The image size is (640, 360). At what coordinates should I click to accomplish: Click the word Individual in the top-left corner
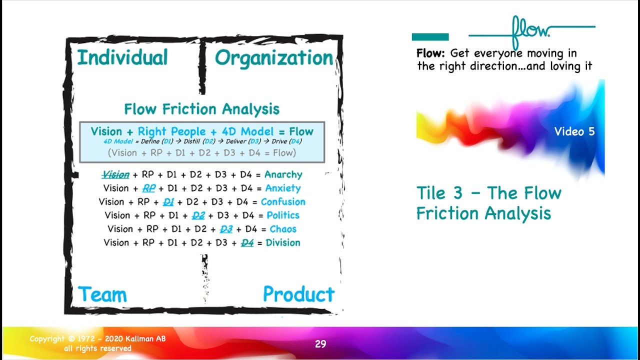(122, 58)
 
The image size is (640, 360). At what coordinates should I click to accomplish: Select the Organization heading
(273, 58)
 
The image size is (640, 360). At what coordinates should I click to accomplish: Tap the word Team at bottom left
(102, 294)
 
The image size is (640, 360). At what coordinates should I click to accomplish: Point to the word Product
(298, 294)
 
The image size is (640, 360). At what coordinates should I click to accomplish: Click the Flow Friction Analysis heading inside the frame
(201, 109)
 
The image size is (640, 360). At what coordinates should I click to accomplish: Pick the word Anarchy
(283, 174)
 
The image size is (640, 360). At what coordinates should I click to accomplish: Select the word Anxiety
(283, 188)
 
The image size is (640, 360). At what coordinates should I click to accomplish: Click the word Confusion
(283, 202)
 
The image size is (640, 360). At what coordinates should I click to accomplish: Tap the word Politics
(283, 215)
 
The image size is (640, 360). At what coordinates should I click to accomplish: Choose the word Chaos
(283, 229)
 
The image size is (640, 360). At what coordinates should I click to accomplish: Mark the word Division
(283, 242)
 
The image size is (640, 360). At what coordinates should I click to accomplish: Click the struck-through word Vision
(115, 174)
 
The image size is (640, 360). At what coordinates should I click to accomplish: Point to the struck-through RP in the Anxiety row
(148, 188)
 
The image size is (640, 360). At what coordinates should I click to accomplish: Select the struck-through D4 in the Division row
(247, 243)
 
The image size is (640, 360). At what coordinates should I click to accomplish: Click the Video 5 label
(574, 131)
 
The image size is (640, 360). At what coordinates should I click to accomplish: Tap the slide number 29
(320, 344)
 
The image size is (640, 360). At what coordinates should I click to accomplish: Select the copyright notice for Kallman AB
(97, 343)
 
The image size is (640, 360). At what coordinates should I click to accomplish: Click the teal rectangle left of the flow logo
(430, 37)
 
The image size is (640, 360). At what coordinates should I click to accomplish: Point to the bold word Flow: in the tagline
(431, 53)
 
